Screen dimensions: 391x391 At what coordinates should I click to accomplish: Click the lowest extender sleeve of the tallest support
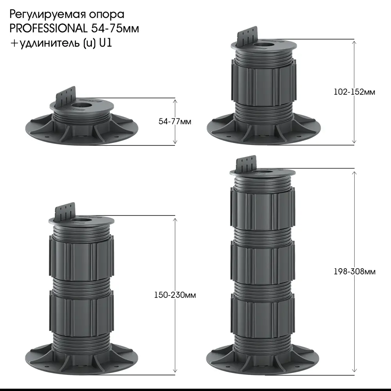(x=262, y=315)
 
